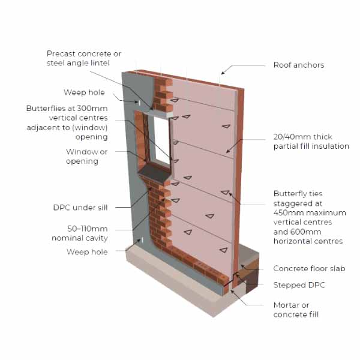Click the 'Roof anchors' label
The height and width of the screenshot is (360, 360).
299,65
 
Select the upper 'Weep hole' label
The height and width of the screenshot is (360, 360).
84,92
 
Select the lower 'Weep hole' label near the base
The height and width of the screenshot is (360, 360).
87,252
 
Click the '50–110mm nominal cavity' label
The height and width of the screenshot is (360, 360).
87,233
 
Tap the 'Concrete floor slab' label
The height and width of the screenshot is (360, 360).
309,269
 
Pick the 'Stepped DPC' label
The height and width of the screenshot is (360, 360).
299,285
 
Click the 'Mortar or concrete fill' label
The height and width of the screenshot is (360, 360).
296,310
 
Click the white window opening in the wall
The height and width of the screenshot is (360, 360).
161,140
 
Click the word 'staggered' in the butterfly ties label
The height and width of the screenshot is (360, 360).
292,203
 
